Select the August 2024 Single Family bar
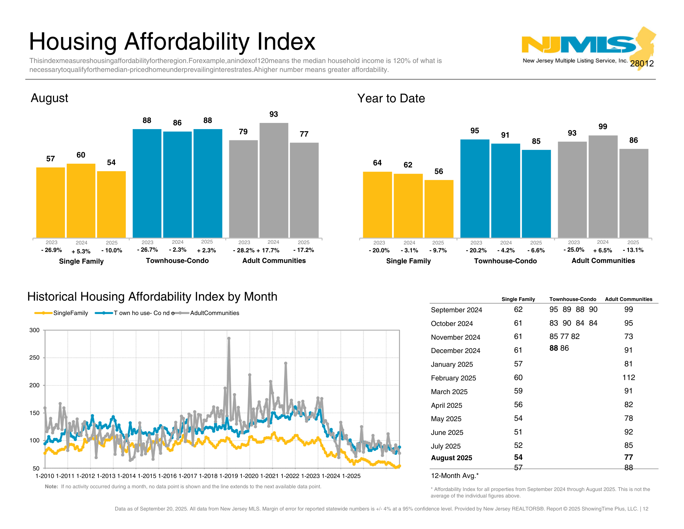pyautogui.click(x=81, y=200)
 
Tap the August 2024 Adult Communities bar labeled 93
pyautogui.click(x=274, y=180)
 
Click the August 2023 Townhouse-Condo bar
pyautogui.click(x=147, y=183)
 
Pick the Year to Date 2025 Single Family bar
pyautogui.click(x=439, y=209)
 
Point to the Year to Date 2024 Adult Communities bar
pyautogui.click(x=603, y=186)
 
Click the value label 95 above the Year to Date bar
pyautogui.click(x=475, y=131)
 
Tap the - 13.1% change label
pyautogui.click(x=633, y=250)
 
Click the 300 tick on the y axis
pyautogui.click(x=35, y=330)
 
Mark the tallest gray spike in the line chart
pyautogui.click(x=229, y=338)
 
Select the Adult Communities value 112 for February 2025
pyautogui.click(x=629, y=378)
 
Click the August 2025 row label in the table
pyautogui.click(x=451, y=458)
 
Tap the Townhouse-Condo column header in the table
pyautogui.click(x=573, y=299)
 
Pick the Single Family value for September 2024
pyautogui.click(x=518, y=310)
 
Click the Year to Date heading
pyautogui.click(x=391, y=99)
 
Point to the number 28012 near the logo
pyautogui.click(x=642, y=64)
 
